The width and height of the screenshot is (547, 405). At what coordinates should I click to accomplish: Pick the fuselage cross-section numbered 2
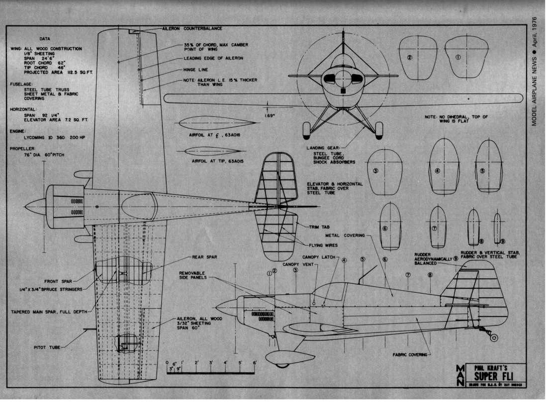point(418,58)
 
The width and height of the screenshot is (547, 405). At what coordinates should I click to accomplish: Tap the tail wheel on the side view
point(494,337)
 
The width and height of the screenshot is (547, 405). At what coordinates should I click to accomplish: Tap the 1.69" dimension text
point(272,117)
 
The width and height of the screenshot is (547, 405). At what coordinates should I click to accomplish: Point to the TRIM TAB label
point(319,227)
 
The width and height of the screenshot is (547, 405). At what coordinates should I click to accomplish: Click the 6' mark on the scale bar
point(255,363)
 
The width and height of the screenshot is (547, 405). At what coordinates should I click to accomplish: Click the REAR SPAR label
point(204,257)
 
